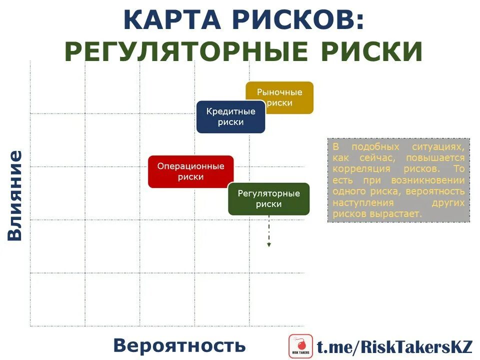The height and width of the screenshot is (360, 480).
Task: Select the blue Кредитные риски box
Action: click(x=230, y=116)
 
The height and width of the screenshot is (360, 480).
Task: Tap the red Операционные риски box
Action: click(x=190, y=171)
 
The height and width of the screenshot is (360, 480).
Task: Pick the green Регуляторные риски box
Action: click(x=268, y=198)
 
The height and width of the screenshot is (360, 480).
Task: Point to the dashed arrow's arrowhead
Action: click(x=269, y=244)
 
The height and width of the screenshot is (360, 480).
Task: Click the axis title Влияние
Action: click(x=15, y=195)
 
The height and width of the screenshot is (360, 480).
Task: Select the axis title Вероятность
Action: click(x=179, y=345)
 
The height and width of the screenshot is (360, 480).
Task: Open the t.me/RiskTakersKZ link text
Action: click(x=394, y=346)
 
